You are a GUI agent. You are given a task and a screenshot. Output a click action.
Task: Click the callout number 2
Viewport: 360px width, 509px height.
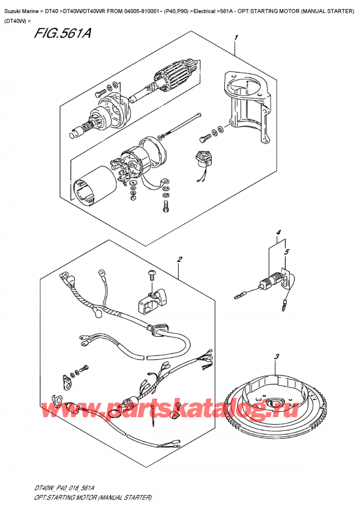point(179,260)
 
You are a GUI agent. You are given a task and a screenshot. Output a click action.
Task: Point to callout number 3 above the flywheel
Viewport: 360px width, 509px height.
point(277,358)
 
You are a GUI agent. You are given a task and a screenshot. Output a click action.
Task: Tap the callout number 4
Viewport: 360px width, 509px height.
point(278,233)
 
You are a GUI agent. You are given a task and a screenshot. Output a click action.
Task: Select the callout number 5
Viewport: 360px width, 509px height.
point(287,252)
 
